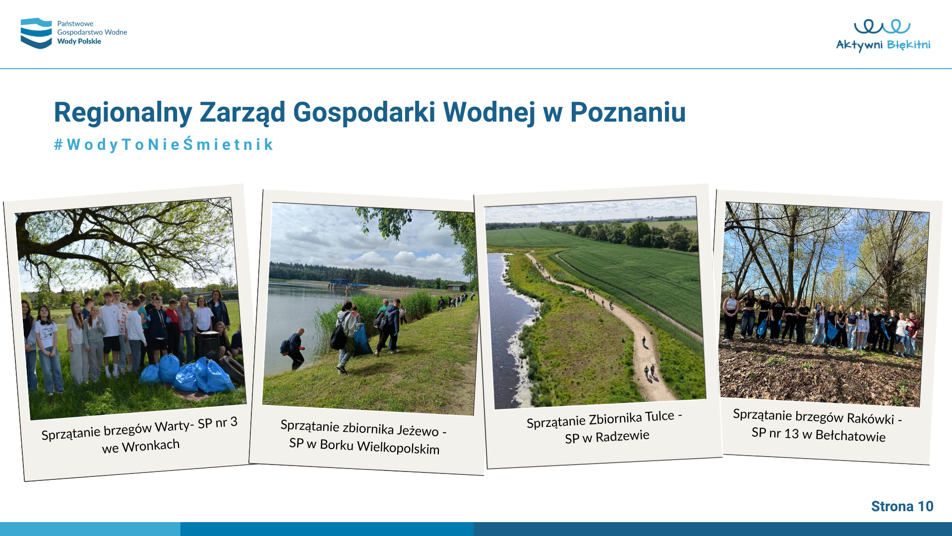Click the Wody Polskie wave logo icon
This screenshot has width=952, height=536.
tap(36, 33)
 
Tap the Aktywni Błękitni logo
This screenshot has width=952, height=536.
tap(883, 35)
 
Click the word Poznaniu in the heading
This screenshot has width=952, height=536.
tap(628, 112)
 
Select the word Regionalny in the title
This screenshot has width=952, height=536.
tap(123, 113)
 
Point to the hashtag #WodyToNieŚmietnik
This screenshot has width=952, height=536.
tap(164, 144)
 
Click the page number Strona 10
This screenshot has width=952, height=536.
tap(902, 506)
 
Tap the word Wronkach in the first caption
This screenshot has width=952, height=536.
tap(151, 445)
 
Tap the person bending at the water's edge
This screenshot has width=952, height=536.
tap(295, 348)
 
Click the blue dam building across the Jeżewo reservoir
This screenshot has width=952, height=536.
tap(344, 283)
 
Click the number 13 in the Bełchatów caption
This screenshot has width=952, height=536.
tap(791, 434)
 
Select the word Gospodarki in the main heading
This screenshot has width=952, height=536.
tap(364, 113)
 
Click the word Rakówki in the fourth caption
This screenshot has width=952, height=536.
tap(870, 418)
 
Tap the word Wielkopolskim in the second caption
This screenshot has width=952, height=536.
tap(398, 447)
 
